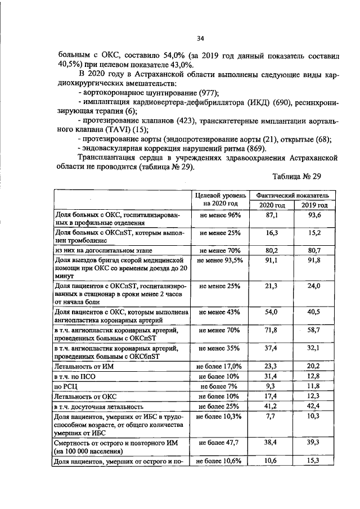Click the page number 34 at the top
[200, 39]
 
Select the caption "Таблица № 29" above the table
[296, 177]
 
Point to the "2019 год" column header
[314, 205]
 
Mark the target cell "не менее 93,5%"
[219, 260]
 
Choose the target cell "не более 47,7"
[219, 443]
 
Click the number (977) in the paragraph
[208, 93]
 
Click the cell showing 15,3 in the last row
[314, 461]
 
